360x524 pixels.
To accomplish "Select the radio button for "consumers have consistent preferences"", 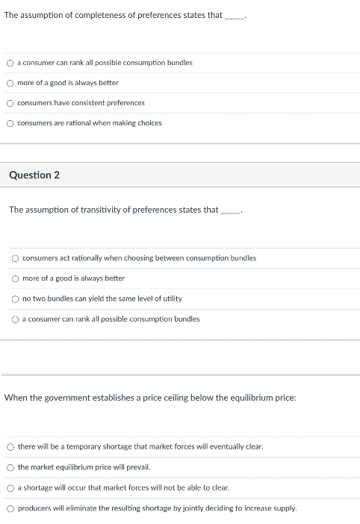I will pos(10,103).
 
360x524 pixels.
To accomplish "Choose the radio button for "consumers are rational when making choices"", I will pos(10,123).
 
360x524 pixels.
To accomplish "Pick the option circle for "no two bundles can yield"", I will pos(16,299).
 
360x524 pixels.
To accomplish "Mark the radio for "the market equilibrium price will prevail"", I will pos(10,467).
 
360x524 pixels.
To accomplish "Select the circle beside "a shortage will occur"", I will pos(10,487).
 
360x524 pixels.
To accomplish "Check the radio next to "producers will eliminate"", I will pos(10,508).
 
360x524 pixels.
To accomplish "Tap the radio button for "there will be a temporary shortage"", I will pos(10,447).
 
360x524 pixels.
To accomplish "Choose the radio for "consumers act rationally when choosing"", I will pos(16,258).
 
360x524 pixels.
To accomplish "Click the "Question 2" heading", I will pos(34,175).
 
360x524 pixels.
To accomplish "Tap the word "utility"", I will pos(172,299).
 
